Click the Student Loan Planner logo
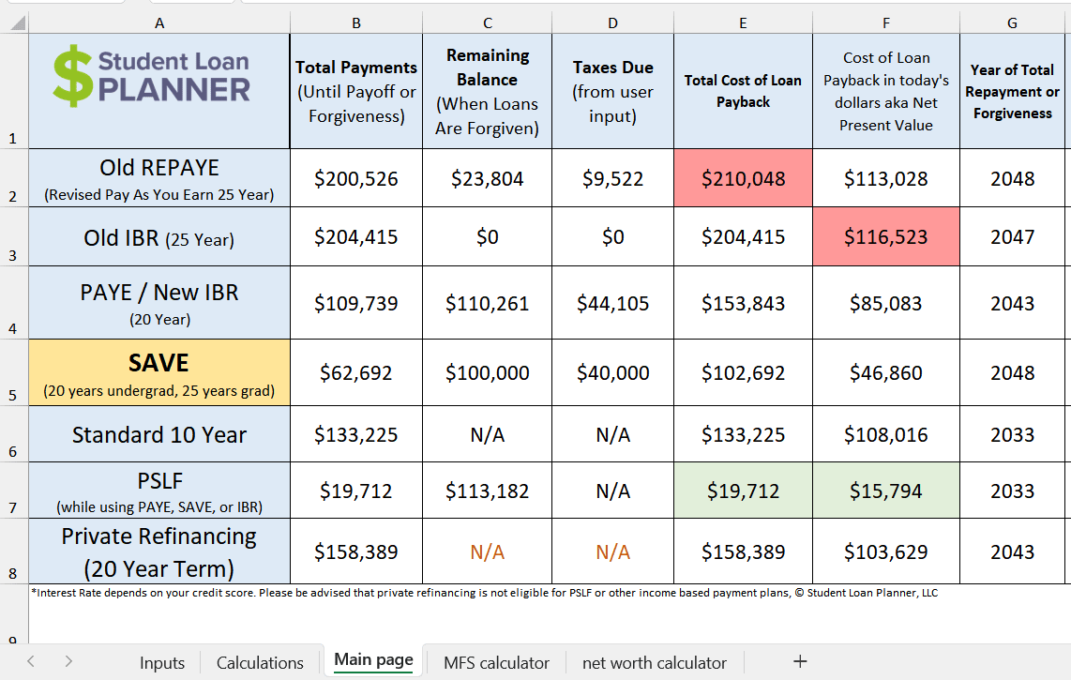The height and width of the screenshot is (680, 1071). (152, 77)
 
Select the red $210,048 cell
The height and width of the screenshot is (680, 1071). (743, 178)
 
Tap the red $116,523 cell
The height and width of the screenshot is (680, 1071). (885, 237)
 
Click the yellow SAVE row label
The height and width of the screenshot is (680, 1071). (159, 372)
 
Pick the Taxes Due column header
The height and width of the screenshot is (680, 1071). (612, 91)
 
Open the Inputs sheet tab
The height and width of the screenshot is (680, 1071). (162, 662)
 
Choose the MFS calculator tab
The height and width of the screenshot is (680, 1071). (496, 662)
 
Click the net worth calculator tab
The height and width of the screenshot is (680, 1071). (654, 662)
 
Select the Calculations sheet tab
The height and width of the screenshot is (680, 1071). (260, 662)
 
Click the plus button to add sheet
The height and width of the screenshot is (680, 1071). (800, 661)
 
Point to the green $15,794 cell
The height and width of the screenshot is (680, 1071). (885, 491)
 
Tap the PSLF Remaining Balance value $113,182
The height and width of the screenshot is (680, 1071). (487, 491)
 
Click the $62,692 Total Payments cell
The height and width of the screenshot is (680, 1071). (355, 372)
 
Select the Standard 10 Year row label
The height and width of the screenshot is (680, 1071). (159, 434)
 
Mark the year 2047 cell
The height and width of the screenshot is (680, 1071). (1012, 237)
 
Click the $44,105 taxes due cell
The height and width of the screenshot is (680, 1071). (612, 303)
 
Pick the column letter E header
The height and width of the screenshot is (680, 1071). (743, 23)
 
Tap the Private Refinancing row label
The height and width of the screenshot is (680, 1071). (159, 552)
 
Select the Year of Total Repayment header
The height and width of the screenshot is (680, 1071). (1012, 91)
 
